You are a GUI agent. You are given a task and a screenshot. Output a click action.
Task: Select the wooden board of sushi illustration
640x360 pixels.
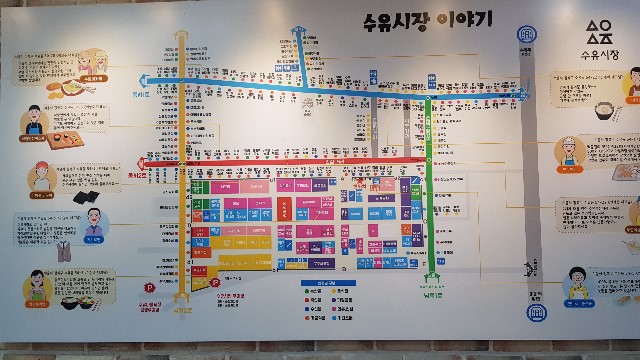pos(69,142)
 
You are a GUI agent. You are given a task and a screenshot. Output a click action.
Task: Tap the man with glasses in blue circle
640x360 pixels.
pos(89,219)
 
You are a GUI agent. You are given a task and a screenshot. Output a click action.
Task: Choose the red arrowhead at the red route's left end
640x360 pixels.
pos(143,163)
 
